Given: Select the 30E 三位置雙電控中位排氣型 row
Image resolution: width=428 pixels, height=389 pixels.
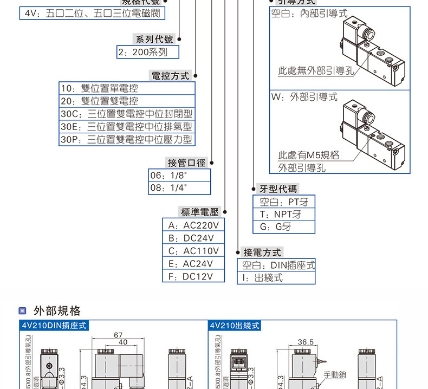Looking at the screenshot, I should [x=126, y=127].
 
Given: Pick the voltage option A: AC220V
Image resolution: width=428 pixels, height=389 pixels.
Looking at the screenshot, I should [x=193, y=225].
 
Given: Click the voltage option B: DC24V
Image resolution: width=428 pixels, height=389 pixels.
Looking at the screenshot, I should [x=193, y=238].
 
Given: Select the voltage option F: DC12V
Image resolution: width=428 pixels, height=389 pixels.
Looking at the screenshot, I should [x=193, y=276].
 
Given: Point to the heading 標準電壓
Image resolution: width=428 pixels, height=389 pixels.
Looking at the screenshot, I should [x=199, y=212].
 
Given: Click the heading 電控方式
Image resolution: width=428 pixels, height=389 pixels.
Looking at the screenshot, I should [x=171, y=76].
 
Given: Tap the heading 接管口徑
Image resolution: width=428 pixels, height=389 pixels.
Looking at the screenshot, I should [x=187, y=163].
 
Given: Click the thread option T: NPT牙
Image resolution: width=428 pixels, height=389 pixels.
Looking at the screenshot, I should [x=284, y=215].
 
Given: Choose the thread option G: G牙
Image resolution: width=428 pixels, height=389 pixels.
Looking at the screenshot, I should [x=284, y=227].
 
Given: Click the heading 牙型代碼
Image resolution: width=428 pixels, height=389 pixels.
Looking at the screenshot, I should [x=278, y=189].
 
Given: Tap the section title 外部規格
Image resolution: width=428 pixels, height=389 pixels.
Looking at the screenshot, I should [x=57, y=311].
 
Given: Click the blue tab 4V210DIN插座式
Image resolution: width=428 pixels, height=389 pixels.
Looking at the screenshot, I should [x=53, y=326].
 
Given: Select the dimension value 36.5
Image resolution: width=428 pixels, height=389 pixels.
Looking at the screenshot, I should [x=306, y=342].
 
